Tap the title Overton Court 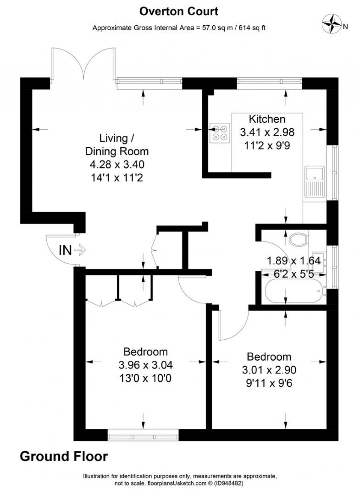(179, 11)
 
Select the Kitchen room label (267, 119)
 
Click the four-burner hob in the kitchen (220, 133)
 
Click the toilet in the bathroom (298, 239)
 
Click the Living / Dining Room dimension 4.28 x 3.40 (117, 165)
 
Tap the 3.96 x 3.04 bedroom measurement (146, 365)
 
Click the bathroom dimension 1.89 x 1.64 (294, 261)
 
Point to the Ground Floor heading (64, 456)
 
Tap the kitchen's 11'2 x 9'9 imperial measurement (267, 145)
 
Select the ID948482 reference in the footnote (229, 483)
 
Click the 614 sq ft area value (252, 28)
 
